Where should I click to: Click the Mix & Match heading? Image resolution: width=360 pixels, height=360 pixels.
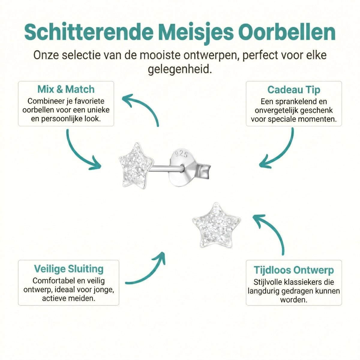66,89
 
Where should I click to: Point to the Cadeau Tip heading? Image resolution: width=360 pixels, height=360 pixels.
294,90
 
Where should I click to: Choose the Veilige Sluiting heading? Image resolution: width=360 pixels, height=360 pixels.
69,268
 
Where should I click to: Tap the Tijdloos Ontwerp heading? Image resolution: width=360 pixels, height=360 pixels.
294,270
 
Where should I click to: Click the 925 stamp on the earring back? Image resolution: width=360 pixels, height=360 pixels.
181,154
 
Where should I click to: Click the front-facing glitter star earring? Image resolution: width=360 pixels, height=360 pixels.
216,225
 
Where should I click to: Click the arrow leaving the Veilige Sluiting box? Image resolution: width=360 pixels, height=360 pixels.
147,271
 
